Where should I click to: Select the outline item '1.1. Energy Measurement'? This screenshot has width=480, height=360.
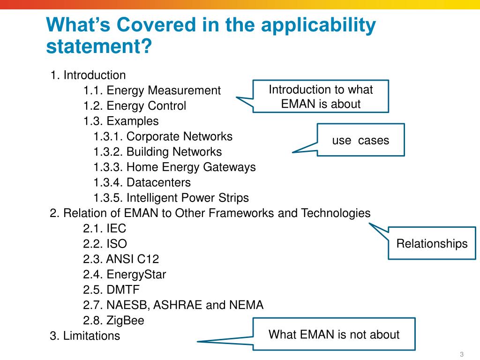(152, 90)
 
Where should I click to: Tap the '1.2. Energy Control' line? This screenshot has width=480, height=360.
(135, 106)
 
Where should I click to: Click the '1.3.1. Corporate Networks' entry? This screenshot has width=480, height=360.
(163, 136)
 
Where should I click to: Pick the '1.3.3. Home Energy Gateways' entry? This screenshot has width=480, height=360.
(174, 167)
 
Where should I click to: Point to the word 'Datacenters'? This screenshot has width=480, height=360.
(158, 182)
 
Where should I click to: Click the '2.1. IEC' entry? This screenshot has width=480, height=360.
(105, 228)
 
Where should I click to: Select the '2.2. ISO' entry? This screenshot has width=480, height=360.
(105, 244)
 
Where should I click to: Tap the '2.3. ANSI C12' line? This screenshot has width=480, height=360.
(121, 259)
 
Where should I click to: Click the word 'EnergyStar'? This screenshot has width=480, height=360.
(136, 274)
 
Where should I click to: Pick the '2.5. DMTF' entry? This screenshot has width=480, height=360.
(112, 290)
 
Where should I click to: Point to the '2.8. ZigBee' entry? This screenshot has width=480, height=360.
(113, 321)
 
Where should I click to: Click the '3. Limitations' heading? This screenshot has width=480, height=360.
(85, 336)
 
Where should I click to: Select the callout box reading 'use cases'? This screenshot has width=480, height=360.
(360, 140)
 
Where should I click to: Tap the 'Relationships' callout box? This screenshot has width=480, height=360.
(432, 243)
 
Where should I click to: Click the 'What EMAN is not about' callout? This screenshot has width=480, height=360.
(334, 334)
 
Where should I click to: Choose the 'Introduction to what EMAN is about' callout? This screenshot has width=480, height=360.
(321, 97)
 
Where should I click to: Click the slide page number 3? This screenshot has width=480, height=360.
(461, 353)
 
